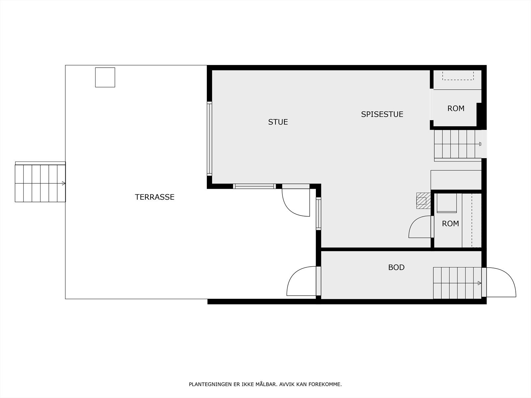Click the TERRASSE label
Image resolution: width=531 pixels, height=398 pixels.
pos(155,197)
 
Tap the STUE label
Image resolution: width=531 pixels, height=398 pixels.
pos(278,122)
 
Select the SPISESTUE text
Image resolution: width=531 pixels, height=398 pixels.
pos(382,114)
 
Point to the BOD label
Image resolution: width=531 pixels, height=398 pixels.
pos(396,267)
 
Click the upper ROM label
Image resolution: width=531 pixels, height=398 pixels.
pos(456,108)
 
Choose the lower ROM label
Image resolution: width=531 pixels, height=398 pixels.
pos(450,224)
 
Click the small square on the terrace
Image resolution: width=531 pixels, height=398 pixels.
pos(105,77)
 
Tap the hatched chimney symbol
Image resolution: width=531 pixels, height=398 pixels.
pos(422,201)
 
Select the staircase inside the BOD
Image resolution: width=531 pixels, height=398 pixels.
pos(457,283)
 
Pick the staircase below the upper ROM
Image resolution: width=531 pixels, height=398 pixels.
pos(458,144)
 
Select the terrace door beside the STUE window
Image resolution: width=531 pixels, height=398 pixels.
pos(296,202)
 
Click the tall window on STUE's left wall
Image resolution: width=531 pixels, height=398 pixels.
pos(209,138)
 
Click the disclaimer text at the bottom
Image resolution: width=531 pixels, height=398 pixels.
pos(265,384)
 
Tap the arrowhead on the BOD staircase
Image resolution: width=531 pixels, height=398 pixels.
pos(479,283)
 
